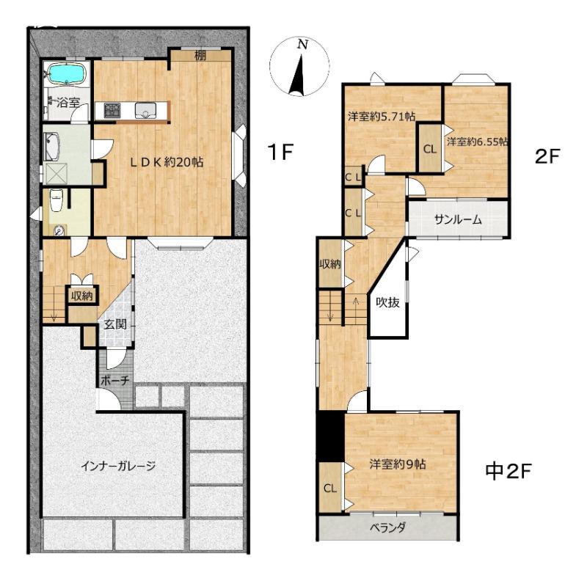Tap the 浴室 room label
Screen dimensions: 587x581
point(68,102)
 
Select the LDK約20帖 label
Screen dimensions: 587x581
point(167,162)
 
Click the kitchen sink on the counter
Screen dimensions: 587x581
point(145,111)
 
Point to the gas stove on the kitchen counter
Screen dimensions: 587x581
point(112,110)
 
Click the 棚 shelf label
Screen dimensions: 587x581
point(200,56)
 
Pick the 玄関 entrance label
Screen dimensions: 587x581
point(115,324)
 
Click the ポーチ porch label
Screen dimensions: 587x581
point(115,381)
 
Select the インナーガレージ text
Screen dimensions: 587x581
point(118,466)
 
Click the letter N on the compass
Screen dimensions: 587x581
point(302,45)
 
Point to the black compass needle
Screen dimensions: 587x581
point(298,75)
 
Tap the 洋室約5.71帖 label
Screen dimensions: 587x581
point(382,117)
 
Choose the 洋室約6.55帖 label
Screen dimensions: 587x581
point(478,142)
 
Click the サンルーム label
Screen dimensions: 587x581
point(457,220)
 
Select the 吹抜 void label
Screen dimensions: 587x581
point(388,302)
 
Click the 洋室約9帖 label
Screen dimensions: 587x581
point(398,464)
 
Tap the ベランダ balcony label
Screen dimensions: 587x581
point(387,528)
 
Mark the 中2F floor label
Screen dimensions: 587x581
point(508,471)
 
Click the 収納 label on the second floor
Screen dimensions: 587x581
point(329,264)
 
